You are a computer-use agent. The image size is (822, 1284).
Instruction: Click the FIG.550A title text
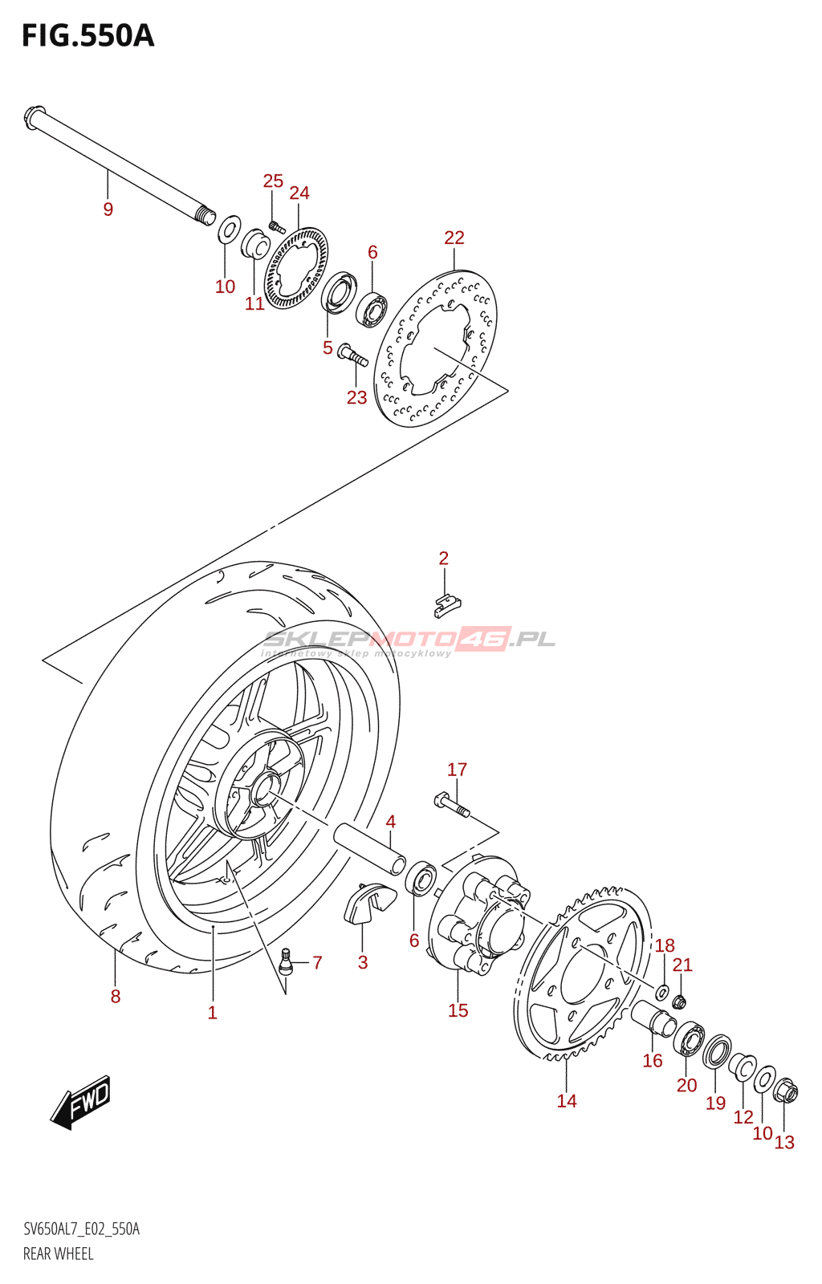(87, 36)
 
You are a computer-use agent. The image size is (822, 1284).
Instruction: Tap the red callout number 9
(108, 209)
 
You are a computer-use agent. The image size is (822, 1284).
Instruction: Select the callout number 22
(454, 237)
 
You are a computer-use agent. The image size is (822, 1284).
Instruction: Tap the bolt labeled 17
(452, 803)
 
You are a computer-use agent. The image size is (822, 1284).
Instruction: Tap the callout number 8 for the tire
(116, 997)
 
